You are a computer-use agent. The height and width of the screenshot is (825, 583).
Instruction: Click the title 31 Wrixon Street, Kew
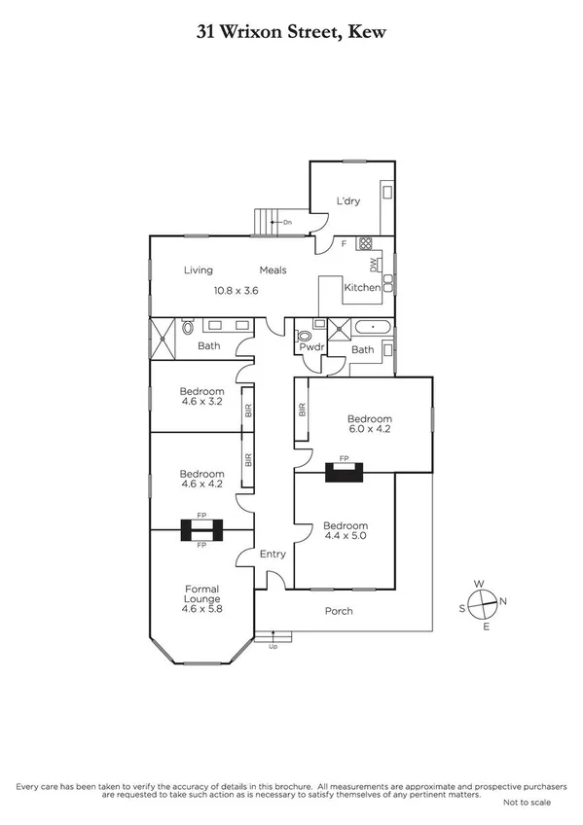291,32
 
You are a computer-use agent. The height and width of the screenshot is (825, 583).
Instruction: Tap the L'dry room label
347,201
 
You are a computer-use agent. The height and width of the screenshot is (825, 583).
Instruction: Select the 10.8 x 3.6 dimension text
237,289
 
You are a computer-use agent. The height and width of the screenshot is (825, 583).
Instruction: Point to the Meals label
273,270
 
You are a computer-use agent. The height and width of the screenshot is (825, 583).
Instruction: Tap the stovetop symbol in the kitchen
366,244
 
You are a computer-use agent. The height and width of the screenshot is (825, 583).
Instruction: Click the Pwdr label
311,347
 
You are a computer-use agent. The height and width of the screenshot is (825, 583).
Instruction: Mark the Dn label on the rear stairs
287,223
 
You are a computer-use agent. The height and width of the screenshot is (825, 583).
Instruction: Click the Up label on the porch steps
273,645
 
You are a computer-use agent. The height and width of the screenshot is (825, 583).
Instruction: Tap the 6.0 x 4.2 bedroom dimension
370,427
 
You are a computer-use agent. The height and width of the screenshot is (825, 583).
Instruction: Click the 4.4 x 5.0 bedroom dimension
344,535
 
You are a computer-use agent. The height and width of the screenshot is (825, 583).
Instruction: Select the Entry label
273,555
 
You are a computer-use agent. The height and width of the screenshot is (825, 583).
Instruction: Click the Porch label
339,611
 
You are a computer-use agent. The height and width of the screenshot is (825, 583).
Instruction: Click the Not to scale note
527,803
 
